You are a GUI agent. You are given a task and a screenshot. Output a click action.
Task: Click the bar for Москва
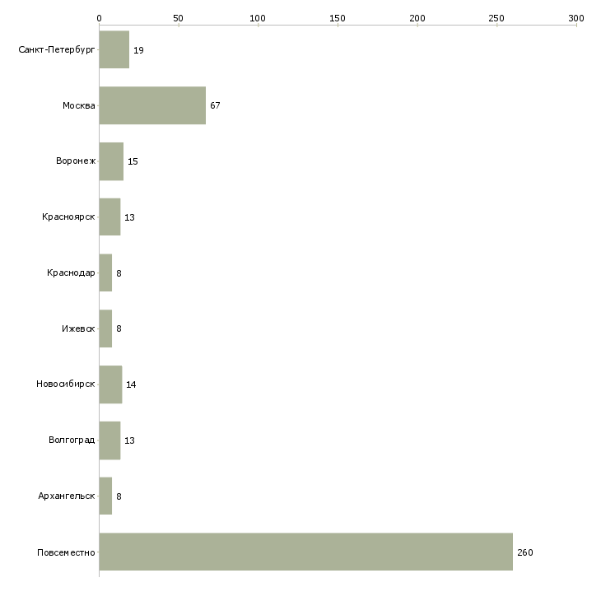152,105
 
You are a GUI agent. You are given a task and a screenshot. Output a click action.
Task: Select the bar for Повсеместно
305,552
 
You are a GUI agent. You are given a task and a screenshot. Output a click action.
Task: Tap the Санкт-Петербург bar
114,49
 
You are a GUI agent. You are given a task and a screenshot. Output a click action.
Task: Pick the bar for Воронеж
111,161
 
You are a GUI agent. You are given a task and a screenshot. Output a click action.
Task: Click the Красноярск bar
109,217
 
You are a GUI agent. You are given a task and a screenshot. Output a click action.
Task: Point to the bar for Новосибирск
110,384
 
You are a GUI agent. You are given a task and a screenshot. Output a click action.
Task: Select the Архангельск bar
105,496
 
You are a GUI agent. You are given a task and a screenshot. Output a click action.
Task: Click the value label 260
525,552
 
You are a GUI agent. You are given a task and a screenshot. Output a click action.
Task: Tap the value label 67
215,105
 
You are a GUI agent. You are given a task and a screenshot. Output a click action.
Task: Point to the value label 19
138,50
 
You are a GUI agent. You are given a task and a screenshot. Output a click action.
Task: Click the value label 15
133,161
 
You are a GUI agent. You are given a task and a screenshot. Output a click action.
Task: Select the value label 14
131,384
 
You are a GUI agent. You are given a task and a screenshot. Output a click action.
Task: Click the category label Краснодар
71,273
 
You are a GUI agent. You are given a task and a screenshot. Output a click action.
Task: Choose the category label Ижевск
78,329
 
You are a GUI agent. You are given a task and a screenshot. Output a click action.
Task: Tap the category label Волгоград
72,440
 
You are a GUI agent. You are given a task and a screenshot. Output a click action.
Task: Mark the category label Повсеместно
66,552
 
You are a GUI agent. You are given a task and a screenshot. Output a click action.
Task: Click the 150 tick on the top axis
338,17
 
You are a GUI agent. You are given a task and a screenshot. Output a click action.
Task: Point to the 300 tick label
576,17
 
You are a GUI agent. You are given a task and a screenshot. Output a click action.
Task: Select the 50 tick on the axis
178,17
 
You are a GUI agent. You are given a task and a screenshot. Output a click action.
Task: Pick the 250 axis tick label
496,17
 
